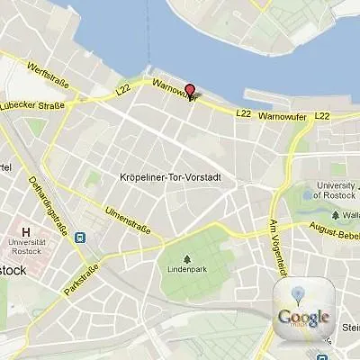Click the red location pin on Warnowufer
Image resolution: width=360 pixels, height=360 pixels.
coord(189,89)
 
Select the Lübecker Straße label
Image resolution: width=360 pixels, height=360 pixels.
coord(34,105)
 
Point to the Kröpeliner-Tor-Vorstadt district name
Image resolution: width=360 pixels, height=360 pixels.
coord(170,178)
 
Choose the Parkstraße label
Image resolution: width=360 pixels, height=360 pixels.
coord(80,275)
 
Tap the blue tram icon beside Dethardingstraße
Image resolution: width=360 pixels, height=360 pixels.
coord(81,238)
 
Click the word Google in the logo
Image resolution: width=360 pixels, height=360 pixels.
coord(303,317)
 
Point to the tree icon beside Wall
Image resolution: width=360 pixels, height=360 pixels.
coord(334,216)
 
